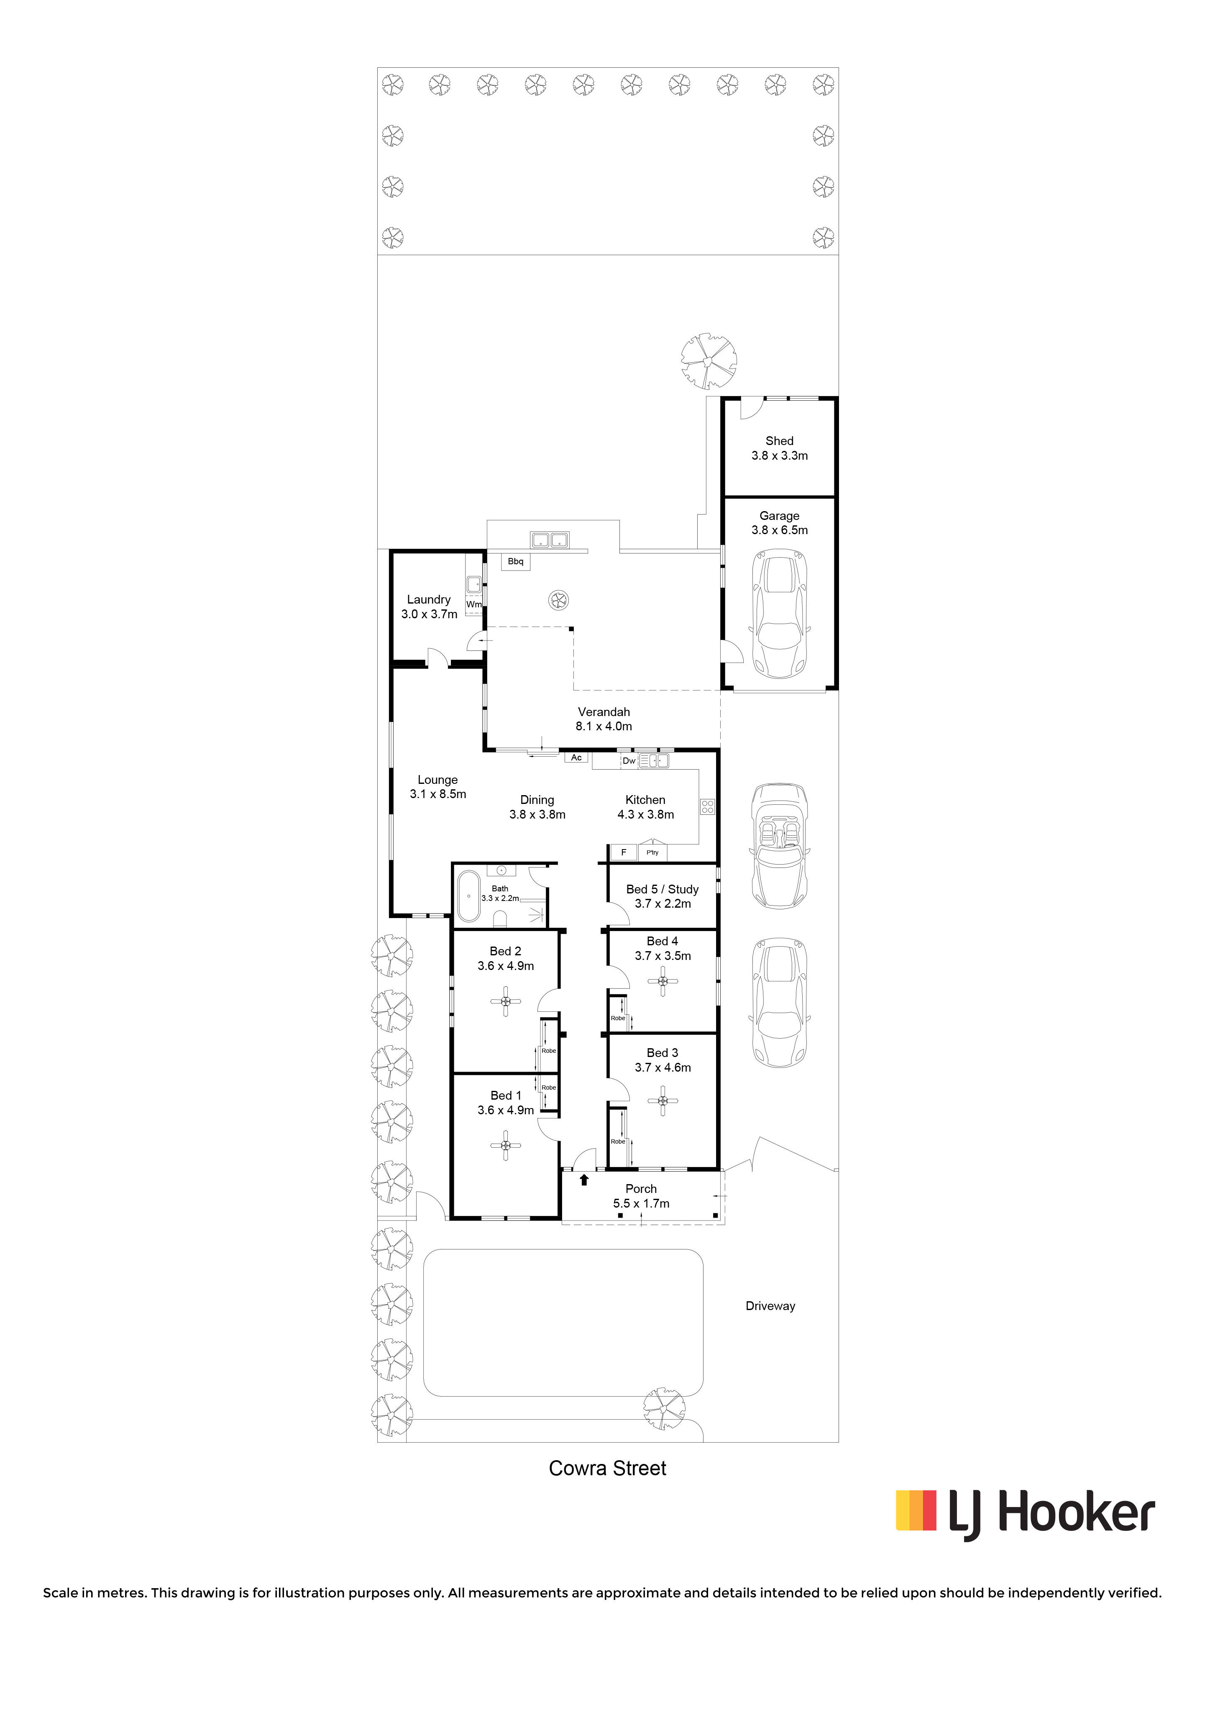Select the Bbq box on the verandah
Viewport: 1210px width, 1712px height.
[x=515, y=561]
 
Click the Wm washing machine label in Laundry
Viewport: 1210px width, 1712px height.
[x=473, y=604]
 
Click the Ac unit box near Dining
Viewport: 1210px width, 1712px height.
[x=576, y=757]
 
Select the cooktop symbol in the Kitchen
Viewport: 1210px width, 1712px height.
[x=707, y=806]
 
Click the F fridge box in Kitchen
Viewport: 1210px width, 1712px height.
[x=623, y=852]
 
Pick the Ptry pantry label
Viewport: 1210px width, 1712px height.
[x=652, y=852]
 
